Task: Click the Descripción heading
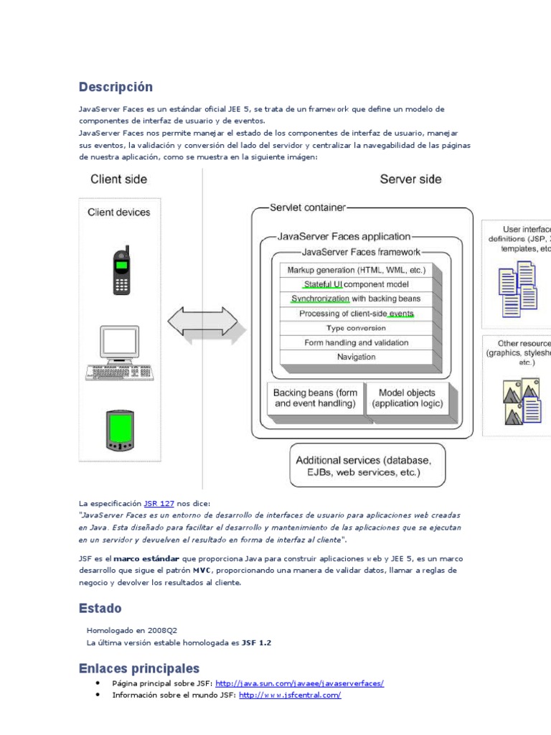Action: pos(116,87)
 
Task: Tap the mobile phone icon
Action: pos(121,271)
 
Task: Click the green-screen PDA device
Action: pos(119,431)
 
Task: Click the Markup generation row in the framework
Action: pos(356,270)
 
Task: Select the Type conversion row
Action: pos(356,328)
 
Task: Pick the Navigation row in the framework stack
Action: pos(356,357)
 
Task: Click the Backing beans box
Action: pos(315,398)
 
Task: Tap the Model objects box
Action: pos(407,398)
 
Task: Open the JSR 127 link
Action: pos(159,504)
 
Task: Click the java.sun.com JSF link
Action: pos(299,683)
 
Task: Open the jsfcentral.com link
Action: pos(290,695)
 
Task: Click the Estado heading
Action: pos(100,609)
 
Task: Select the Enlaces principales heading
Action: pos(138,668)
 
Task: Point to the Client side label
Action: pos(120,179)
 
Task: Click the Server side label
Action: pos(410,179)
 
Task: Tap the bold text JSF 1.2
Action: pos(256,642)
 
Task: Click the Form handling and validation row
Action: pos(356,342)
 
